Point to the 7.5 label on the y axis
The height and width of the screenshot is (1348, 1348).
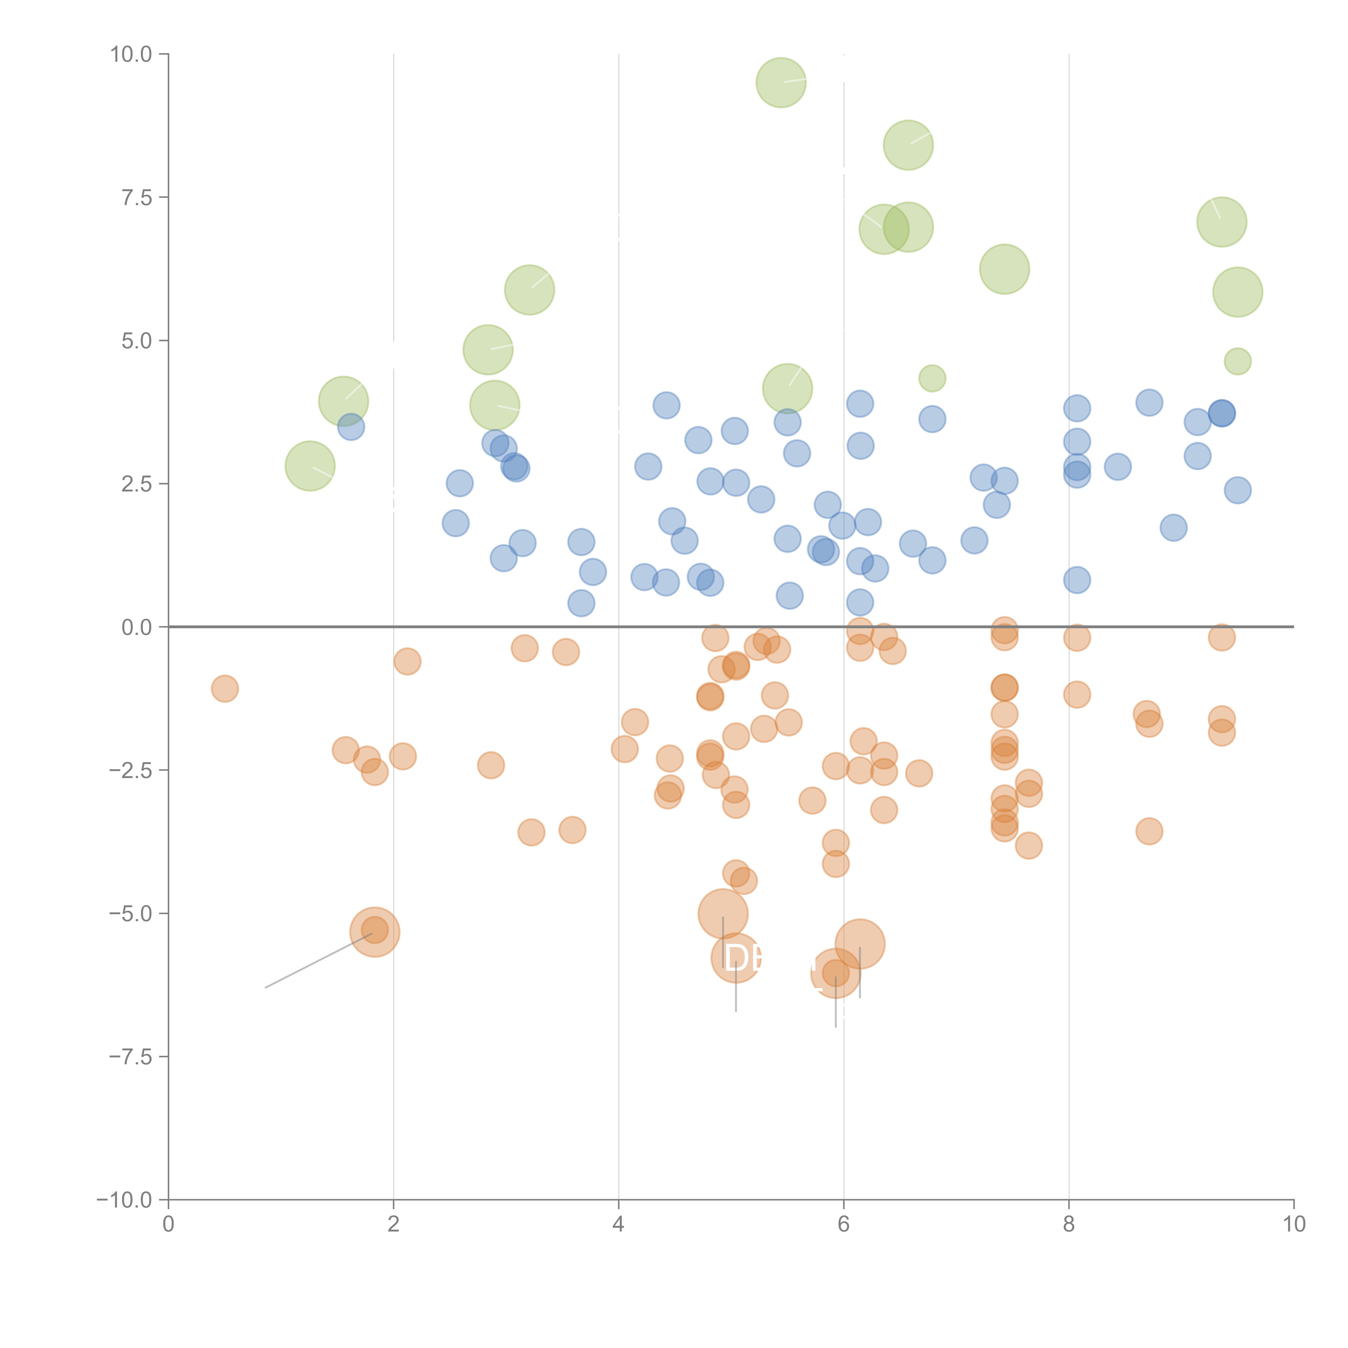coord(137,197)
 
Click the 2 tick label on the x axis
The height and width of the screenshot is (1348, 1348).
coord(394,1225)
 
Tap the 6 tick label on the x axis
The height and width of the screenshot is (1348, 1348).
coord(844,1225)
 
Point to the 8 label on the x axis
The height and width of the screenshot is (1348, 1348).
coord(1069,1225)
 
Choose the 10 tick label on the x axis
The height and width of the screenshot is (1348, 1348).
coord(1294,1225)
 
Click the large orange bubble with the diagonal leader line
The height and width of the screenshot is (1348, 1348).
coord(375,932)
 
